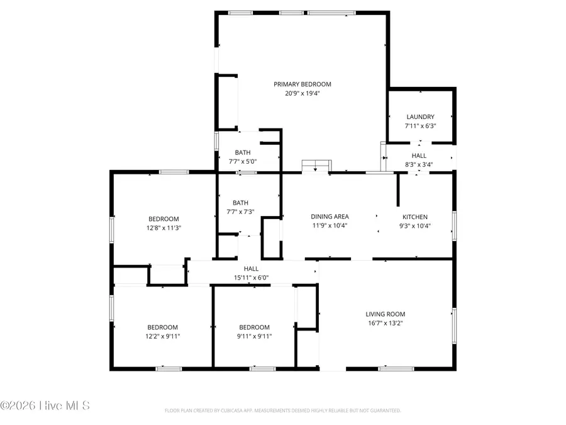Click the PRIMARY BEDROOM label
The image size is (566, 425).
point(302,84)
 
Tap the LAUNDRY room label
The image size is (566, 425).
point(420,116)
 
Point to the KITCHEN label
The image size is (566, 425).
point(415,217)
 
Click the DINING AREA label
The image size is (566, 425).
point(330,217)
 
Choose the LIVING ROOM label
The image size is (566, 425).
point(386,314)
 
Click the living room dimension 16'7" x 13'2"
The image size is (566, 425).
point(386,324)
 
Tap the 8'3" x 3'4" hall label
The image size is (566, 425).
point(419,164)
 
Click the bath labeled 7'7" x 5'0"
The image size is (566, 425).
point(243,161)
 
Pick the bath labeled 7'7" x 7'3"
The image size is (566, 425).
point(240,212)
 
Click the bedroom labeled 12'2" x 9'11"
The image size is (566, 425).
point(162,336)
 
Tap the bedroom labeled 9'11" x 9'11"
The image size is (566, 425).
point(254,336)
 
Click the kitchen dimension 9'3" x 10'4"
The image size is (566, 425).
point(415,225)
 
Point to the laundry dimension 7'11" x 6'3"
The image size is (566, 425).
point(420,126)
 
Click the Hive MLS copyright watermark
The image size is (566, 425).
point(45,405)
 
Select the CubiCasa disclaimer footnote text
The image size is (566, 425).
point(283,411)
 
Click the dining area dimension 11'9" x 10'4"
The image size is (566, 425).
point(330,225)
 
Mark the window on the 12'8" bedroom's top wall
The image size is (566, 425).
point(174,172)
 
